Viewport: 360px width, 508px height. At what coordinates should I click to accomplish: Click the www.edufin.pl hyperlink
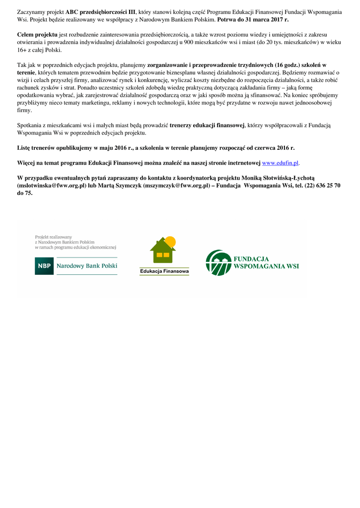(x=280, y=163)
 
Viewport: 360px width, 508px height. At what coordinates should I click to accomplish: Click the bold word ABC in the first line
(x=72, y=12)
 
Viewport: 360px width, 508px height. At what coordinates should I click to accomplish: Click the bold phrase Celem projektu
(x=37, y=35)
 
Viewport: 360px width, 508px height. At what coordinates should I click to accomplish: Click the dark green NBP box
(x=44, y=266)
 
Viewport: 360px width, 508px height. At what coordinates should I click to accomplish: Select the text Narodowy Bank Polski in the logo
(x=87, y=266)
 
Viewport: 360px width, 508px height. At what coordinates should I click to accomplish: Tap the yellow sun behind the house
(x=170, y=242)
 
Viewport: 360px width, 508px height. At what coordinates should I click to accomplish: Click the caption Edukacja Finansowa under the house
(x=164, y=271)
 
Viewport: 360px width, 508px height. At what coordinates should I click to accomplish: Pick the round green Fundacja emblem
(x=218, y=262)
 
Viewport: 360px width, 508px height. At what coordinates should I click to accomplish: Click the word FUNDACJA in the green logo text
(x=251, y=259)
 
